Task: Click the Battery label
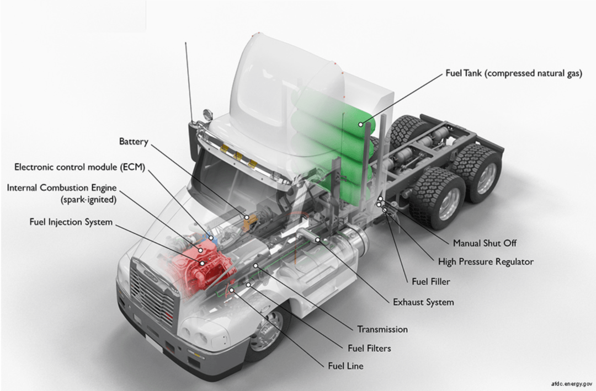[134, 142]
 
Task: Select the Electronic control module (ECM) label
[79, 167]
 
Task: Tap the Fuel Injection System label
[71, 222]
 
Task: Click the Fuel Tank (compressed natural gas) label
[513, 73]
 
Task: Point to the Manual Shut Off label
[485, 243]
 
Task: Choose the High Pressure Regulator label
[486, 261]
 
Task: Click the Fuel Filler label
[431, 281]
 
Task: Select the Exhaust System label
[423, 302]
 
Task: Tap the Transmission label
[382, 329]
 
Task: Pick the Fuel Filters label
[369, 348]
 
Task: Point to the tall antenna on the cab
[189, 77]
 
